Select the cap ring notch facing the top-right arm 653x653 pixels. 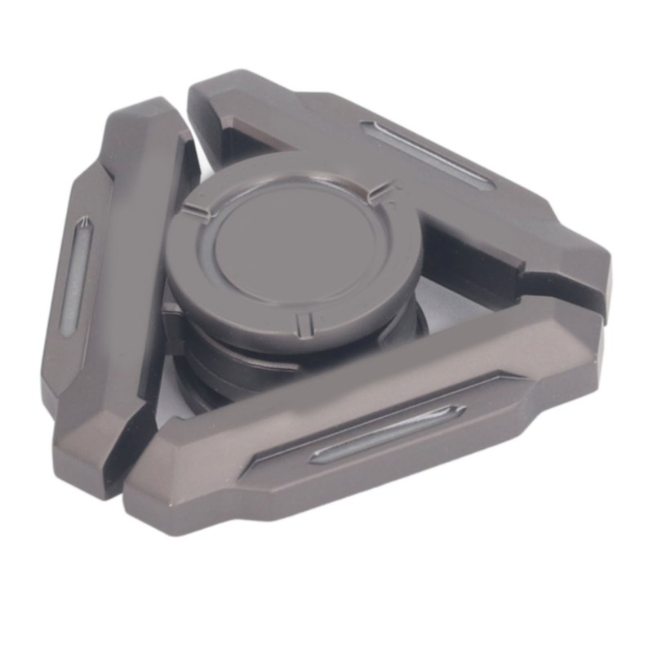(378, 193)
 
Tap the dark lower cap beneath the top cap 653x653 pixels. (237, 359)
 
